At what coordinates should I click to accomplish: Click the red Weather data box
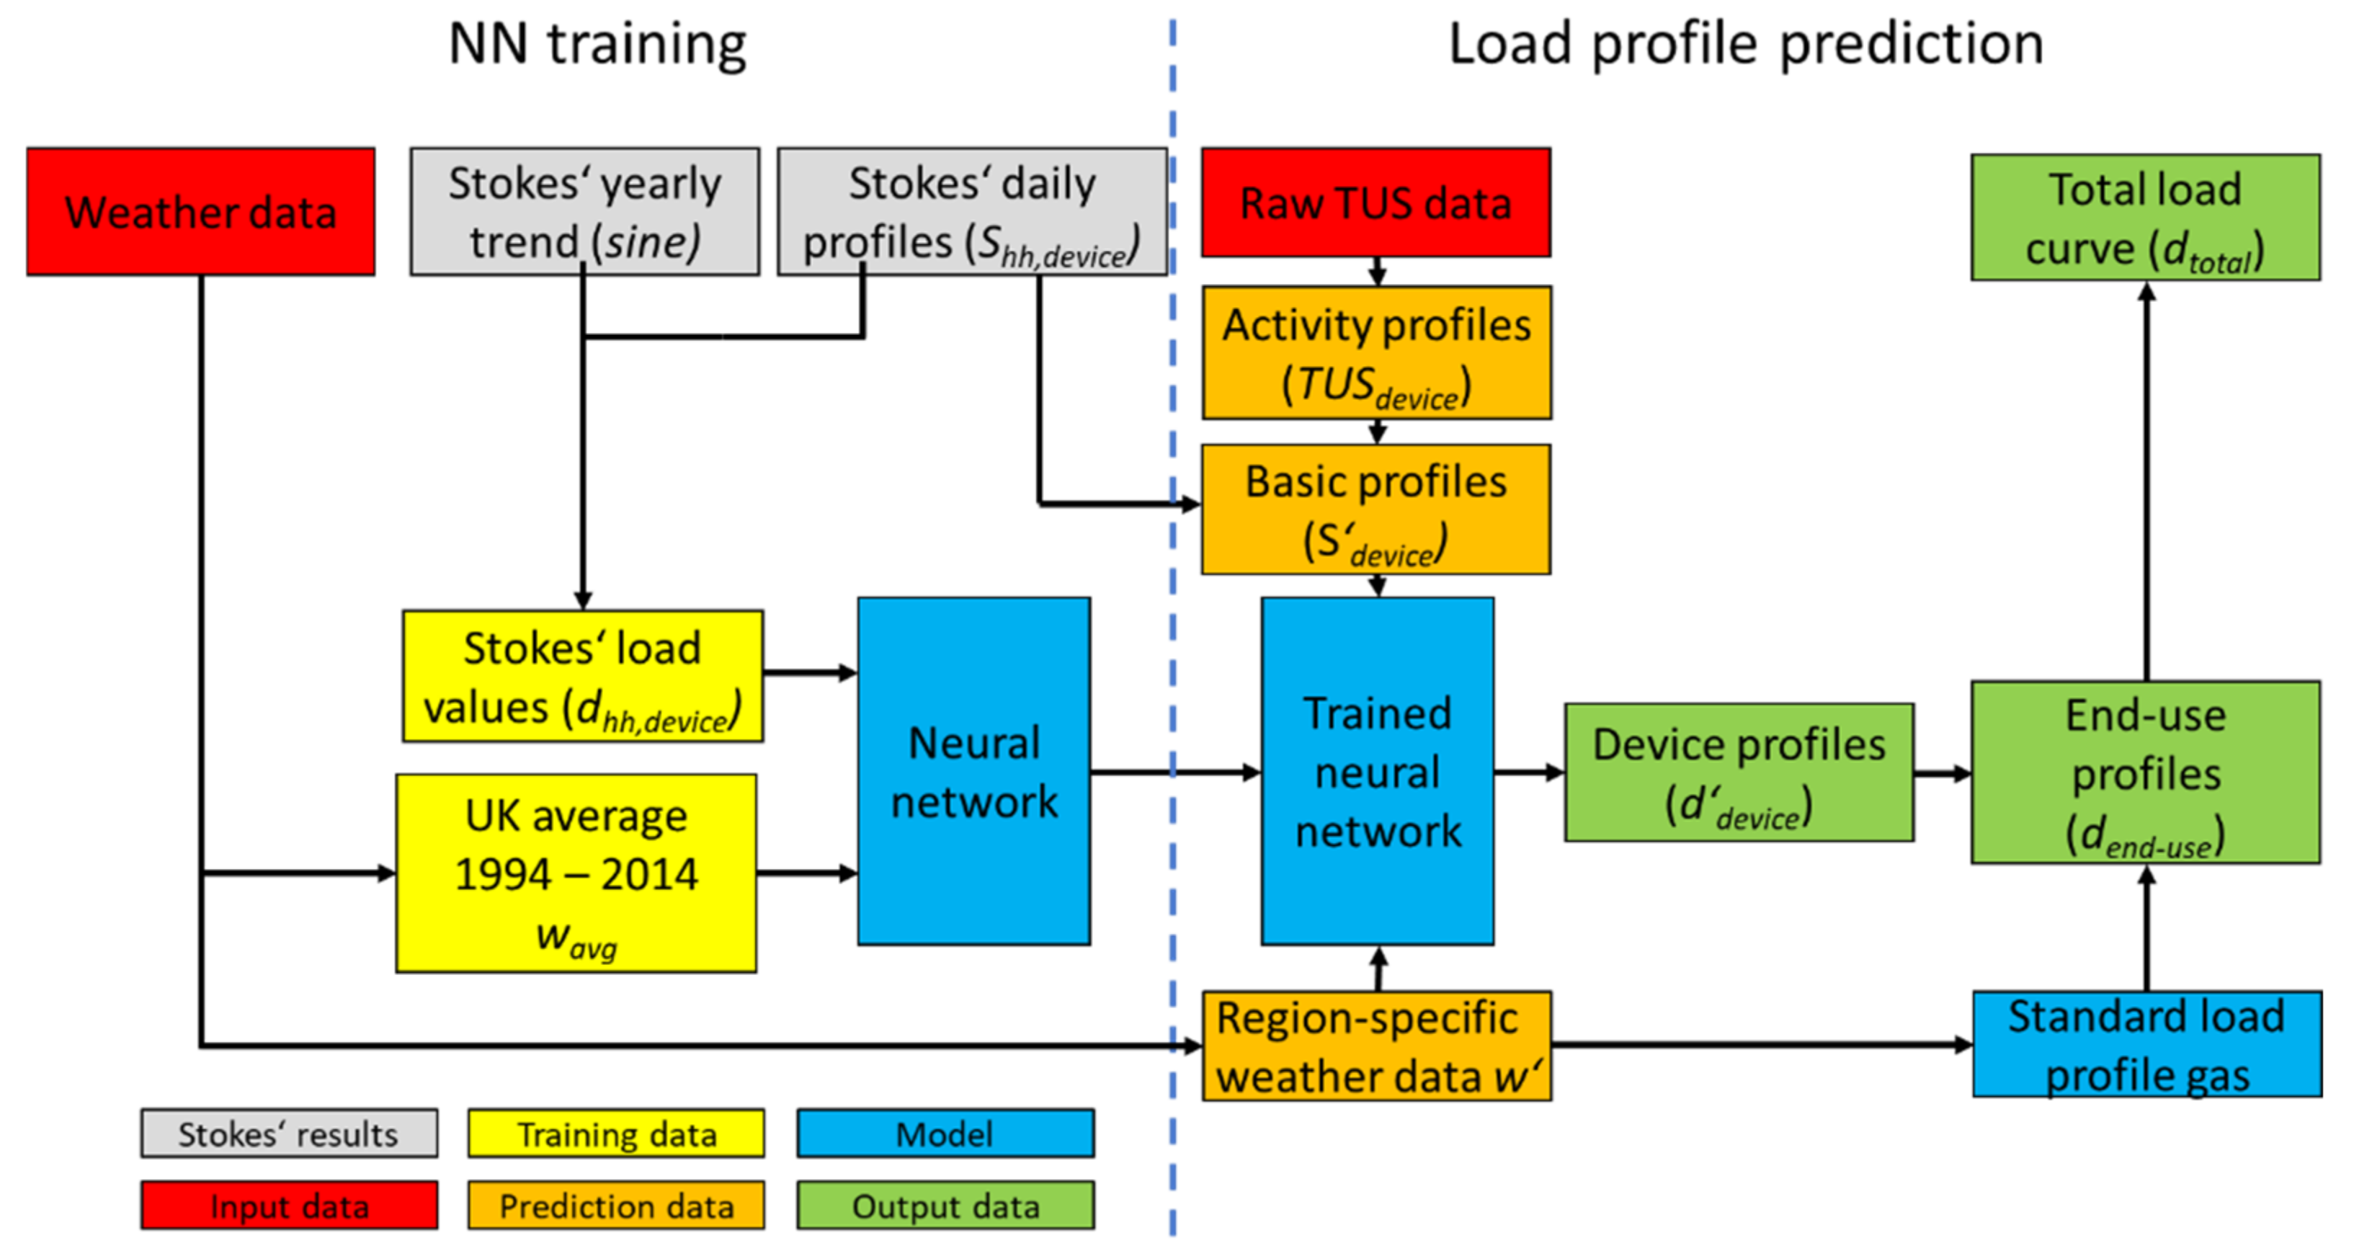(x=200, y=211)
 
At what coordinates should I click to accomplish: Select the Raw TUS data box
(x=1376, y=202)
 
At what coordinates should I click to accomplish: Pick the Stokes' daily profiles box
(x=971, y=211)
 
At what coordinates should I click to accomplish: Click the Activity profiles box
(x=1376, y=353)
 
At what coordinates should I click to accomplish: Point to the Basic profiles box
(x=1376, y=509)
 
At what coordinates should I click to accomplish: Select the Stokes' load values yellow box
(x=582, y=677)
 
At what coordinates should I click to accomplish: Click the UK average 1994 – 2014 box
(x=576, y=873)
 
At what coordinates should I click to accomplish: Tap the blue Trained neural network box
(x=1377, y=770)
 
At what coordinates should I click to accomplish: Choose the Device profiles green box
(x=1738, y=772)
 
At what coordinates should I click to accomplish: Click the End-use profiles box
(x=2145, y=772)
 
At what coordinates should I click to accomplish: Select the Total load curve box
(x=2145, y=218)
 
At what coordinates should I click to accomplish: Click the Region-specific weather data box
(x=1376, y=1045)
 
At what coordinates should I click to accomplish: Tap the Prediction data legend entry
(x=616, y=1205)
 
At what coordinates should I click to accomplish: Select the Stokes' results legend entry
(x=289, y=1133)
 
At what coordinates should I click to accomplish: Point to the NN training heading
(x=597, y=44)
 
